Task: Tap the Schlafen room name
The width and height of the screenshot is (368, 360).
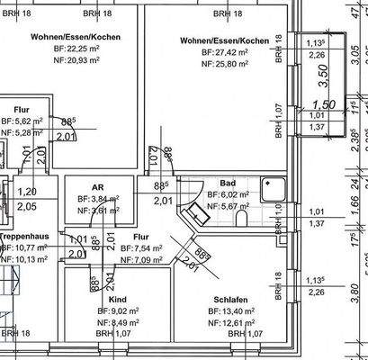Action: point(232,300)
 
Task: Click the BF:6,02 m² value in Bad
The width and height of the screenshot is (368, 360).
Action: point(227,193)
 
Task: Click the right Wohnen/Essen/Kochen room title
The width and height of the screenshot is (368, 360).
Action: point(224,41)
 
